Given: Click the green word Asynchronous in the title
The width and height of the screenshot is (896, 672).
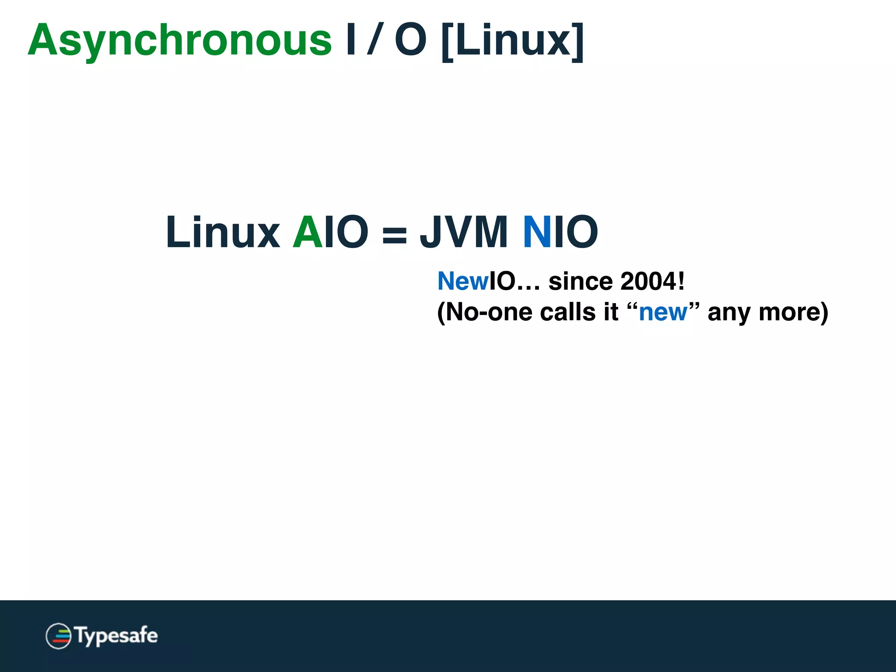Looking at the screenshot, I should pos(179,41).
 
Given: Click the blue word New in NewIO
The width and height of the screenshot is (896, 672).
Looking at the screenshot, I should pos(463,281).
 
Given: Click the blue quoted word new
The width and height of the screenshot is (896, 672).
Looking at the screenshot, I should pos(662,312).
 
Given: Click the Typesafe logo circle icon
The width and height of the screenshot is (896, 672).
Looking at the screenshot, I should pos(58,636).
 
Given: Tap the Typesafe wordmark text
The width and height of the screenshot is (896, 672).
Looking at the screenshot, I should pos(116,636).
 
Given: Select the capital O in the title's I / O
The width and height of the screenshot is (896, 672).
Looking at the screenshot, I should pos(410,40).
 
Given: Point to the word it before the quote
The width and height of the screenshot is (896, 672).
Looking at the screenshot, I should pos(611,312).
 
